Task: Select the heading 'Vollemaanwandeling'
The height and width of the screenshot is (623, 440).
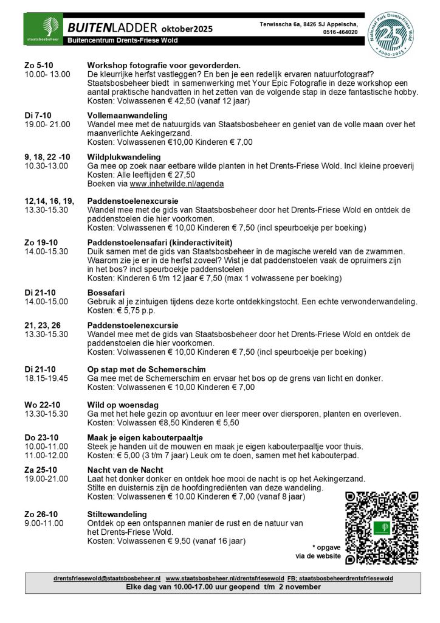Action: (127, 115)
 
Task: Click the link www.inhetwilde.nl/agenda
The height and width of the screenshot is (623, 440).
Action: (176, 184)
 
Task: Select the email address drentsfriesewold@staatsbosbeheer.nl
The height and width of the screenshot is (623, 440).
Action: (107, 577)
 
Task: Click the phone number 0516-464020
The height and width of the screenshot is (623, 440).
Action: (340, 32)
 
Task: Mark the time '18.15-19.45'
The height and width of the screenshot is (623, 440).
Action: (46, 378)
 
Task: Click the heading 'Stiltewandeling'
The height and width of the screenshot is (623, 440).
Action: (117, 514)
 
